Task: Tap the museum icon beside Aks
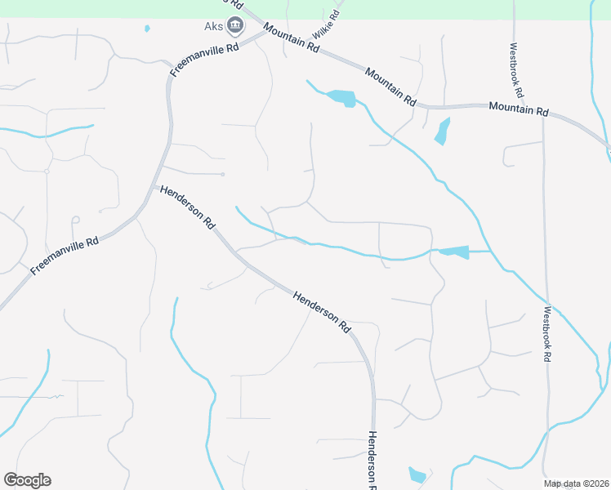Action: (x=235, y=26)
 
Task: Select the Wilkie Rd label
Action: (x=325, y=24)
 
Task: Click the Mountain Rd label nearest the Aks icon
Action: (x=291, y=38)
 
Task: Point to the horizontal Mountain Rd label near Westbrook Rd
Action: (x=518, y=109)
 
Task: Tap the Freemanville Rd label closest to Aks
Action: (x=204, y=60)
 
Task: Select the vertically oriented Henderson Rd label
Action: (x=372, y=460)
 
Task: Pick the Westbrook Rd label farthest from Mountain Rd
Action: (x=548, y=334)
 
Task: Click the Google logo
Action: (x=27, y=480)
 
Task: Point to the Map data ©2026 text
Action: (x=577, y=483)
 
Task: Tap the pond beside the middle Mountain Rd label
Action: (x=341, y=98)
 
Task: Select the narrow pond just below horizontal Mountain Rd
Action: (x=443, y=131)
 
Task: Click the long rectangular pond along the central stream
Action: (x=454, y=252)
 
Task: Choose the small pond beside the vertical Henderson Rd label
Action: (x=417, y=475)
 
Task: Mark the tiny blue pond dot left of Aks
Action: (x=147, y=29)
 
